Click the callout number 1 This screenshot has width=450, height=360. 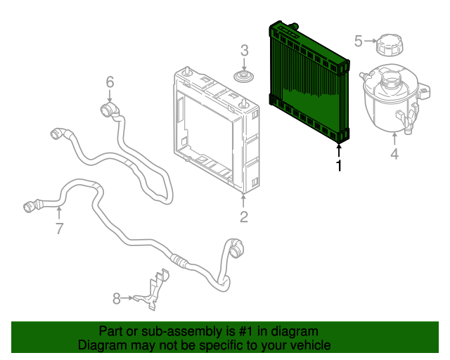pos(339,166)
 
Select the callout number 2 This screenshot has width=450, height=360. pos(243,217)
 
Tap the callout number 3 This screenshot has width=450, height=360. pos(244,50)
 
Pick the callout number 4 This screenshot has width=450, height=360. pos(394,153)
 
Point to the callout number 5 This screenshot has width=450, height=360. pos(358,41)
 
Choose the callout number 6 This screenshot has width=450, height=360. pos(110,83)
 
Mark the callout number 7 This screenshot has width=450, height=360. pos(59,228)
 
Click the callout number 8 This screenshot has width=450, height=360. pos(117,298)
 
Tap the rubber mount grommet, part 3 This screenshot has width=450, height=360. pos(244,76)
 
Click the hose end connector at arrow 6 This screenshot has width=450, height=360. pos(108,109)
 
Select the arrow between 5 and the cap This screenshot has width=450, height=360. pos(369,41)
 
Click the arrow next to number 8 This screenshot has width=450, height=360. pos(129,298)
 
